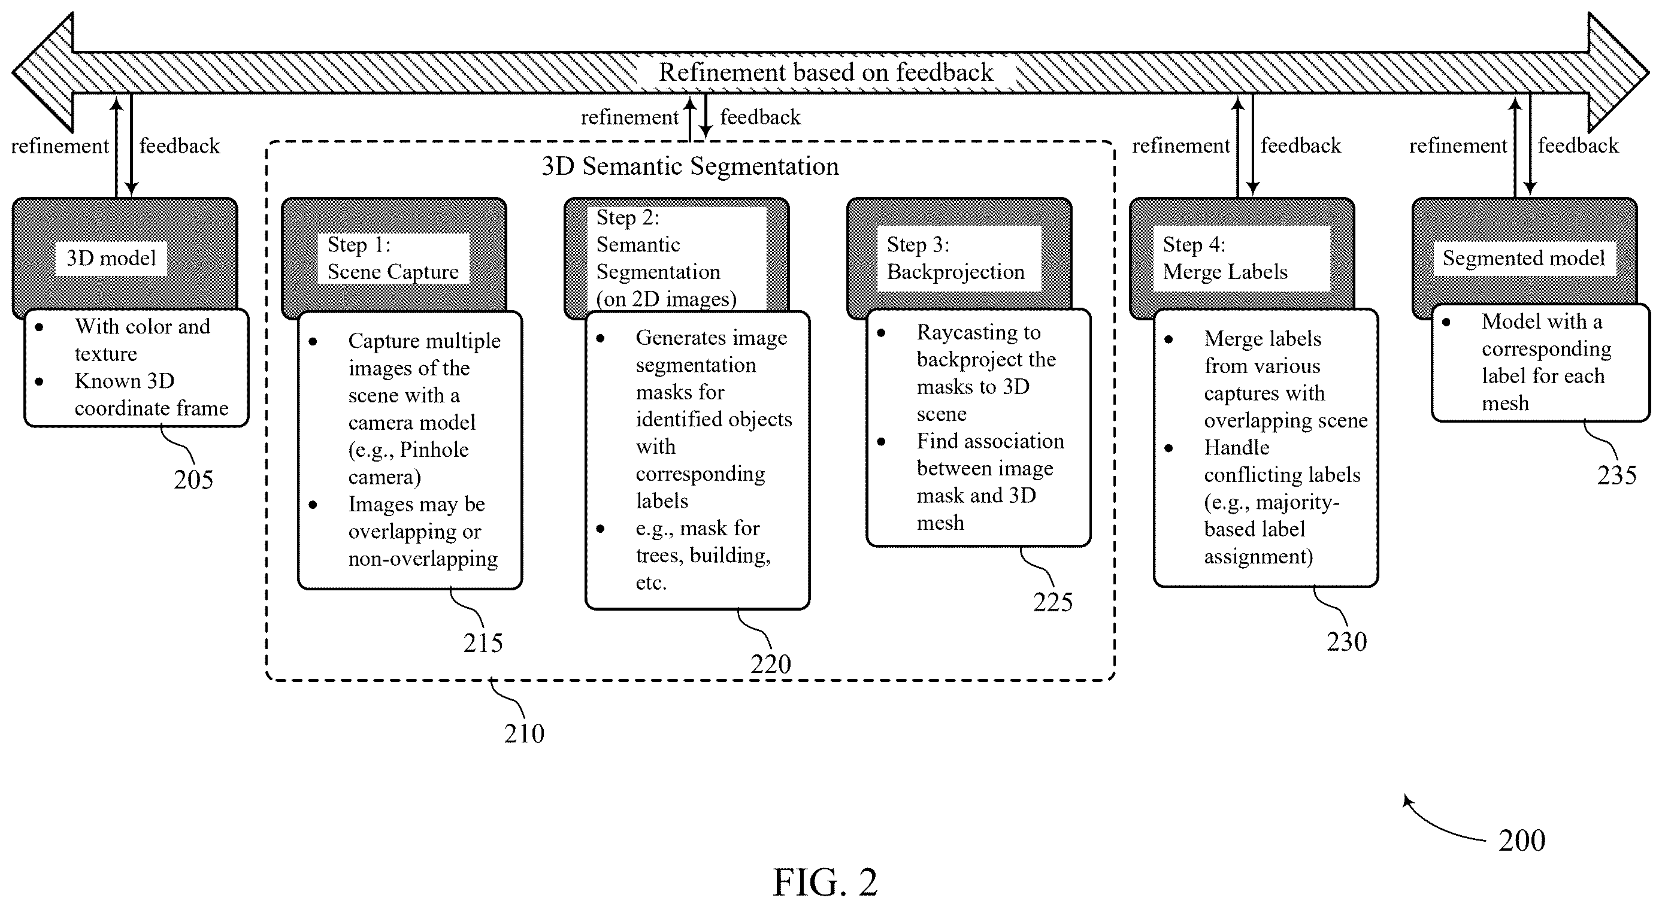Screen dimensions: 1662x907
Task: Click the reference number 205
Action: pos(193,480)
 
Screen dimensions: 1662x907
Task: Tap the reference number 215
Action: pos(483,642)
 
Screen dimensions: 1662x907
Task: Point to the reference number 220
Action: pos(770,664)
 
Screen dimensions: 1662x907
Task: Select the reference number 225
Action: pos(1053,602)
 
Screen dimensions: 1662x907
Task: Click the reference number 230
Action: pos(1346,642)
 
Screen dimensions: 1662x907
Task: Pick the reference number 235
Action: pos(1617,475)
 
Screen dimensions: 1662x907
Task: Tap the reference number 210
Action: pos(524,733)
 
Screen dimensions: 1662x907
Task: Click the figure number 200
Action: pos(1522,841)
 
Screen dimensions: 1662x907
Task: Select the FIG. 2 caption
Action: pos(825,882)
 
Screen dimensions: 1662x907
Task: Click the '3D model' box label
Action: pos(111,259)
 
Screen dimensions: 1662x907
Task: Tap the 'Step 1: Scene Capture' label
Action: pos(393,258)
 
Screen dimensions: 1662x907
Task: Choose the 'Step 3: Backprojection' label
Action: pos(955,258)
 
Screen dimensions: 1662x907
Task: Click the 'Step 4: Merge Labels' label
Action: pos(1225,258)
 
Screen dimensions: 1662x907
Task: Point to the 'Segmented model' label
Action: pos(1523,259)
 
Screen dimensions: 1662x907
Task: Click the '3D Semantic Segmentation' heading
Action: pos(691,166)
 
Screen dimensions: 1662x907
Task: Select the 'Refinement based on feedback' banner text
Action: pos(826,72)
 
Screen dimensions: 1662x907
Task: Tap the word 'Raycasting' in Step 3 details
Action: pos(979,333)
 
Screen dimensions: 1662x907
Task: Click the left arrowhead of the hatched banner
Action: pos(14,72)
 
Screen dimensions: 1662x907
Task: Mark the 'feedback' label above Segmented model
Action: pos(1578,146)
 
